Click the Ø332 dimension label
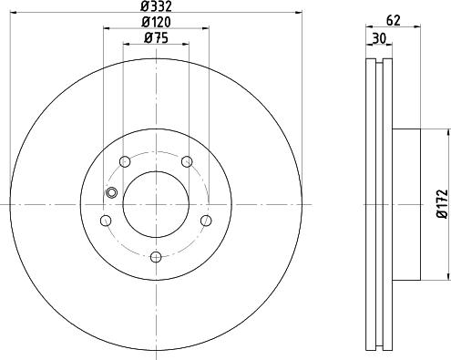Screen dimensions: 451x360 pyautogui.click(x=156, y=6)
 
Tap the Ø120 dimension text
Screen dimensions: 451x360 pyautogui.click(x=156, y=22)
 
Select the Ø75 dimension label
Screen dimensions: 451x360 pyautogui.click(x=156, y=38)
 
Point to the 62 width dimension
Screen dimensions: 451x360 pyautogui.click(x=394, y=20)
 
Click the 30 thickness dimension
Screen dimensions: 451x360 pyautogui.click(x=379, y=38)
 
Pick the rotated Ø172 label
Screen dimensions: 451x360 pyautogui.click(x=442, y=204)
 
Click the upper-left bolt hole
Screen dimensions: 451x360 pyautogui.click(x=125, y=161)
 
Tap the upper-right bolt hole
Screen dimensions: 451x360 pyautogui.click(x=187, y=161)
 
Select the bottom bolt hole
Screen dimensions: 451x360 pyautogui.click(x=156, y=257)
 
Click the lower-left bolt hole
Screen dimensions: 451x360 pyautogui.click(x=106, y=221)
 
